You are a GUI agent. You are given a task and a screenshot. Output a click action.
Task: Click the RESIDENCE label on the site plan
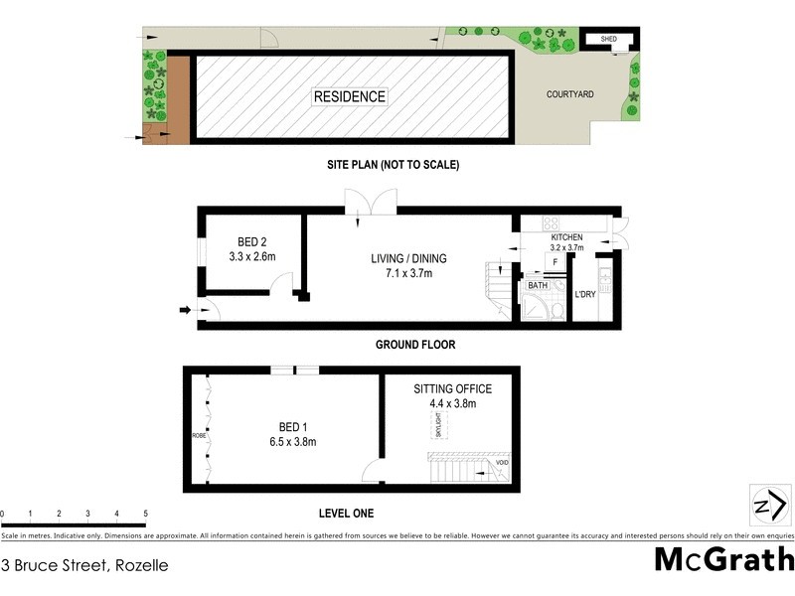[350, 96]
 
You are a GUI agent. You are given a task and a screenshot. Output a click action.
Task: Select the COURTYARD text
[570, 94]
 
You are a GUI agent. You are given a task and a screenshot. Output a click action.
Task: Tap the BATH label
[538, 285]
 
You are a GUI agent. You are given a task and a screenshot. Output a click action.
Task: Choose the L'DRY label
[585, 294]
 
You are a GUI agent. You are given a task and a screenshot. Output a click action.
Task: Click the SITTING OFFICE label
[452, 389]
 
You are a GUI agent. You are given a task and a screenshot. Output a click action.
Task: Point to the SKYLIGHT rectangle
[438, 425]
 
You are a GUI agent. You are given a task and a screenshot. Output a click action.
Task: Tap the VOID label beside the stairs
[503, 462]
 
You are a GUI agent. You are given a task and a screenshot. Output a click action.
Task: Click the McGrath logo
[723, 559]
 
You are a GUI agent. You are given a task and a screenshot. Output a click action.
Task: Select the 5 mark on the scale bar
[146, 514]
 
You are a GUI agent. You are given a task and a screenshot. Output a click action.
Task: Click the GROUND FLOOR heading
[414, 345]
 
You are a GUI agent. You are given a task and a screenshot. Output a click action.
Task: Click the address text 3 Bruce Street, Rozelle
[84, 565]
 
